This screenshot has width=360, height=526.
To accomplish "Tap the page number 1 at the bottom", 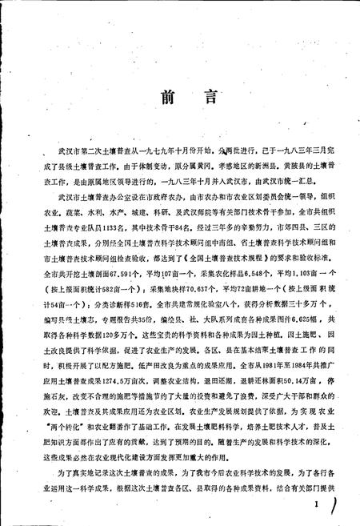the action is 318,503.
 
